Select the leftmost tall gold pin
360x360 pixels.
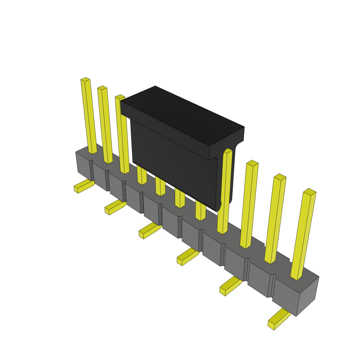89,116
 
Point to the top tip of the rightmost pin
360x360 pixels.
310,192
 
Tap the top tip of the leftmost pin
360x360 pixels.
85,79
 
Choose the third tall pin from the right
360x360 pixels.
249,204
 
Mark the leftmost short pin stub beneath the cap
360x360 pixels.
142,175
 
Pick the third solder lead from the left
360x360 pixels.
149,231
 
